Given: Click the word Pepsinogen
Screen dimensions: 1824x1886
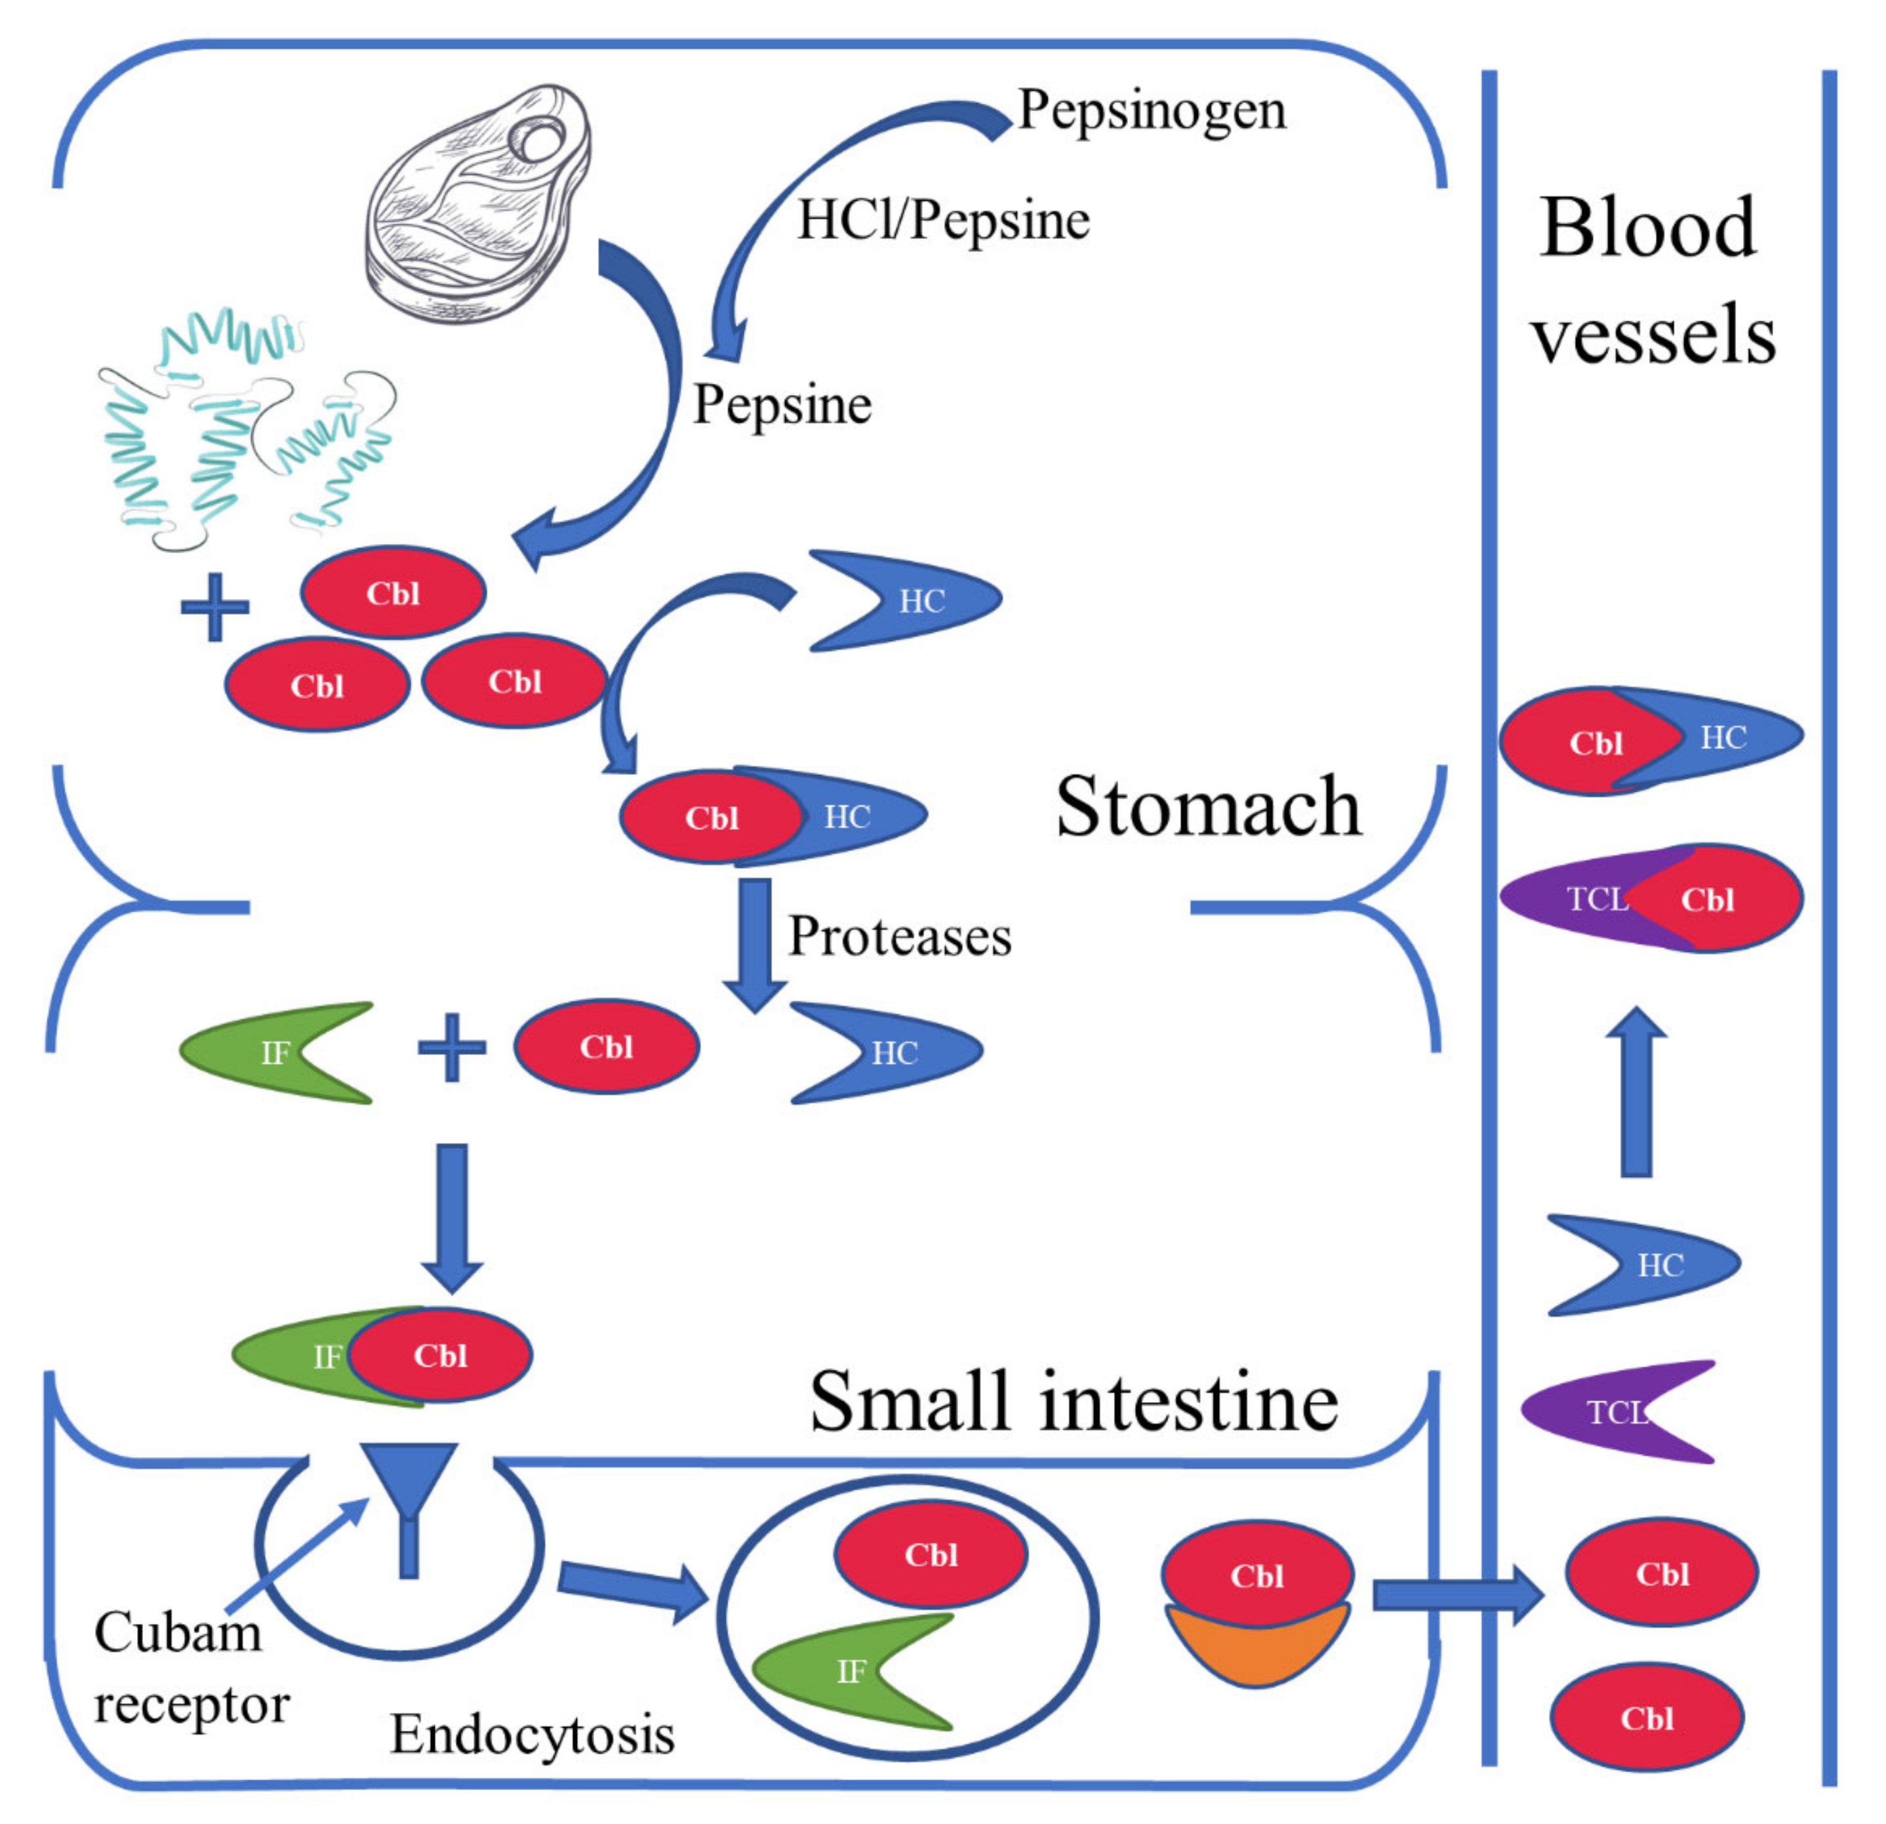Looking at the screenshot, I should coord(1151,112).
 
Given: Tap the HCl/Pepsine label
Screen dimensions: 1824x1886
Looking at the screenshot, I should coord(943,220).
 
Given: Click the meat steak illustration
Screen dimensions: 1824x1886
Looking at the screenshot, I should coord(478,202).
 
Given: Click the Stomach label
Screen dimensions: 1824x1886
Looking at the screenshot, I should coord(1208,806).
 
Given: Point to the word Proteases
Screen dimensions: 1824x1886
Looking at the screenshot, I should coord(900,936).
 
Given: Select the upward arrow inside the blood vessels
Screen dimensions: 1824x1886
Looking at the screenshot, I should coord(1635,1092).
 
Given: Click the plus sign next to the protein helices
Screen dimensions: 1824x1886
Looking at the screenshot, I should coord(214,606).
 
